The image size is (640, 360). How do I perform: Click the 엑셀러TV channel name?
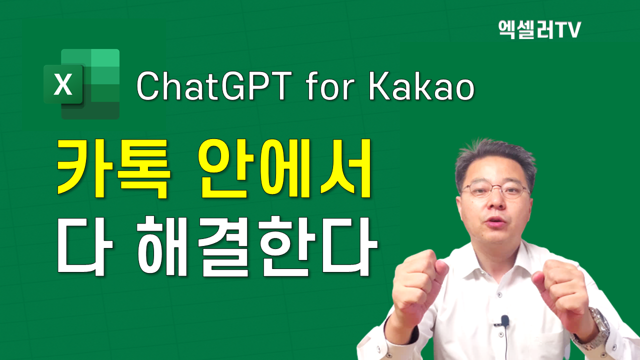pyautogui.click(x=539, y=30)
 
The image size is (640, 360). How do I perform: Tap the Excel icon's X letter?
pyautogui.click(x=63, y=84)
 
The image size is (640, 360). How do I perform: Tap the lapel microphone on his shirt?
pyautogui.click(x=504, y=320)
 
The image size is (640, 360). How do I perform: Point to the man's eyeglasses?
pyautogui.click(x=495, y=190)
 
